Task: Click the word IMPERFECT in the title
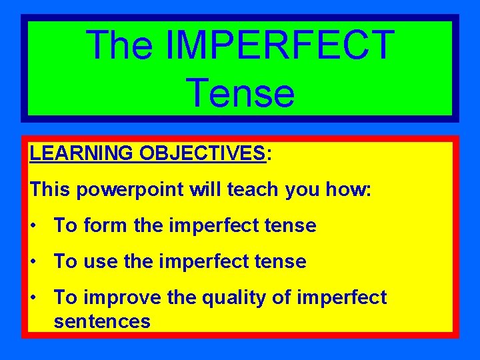click(279, 45)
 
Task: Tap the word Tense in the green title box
click(240, 93)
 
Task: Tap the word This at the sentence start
click(50, 190)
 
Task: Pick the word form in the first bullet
click(105, 225)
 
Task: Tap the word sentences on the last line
click(102, 321)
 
